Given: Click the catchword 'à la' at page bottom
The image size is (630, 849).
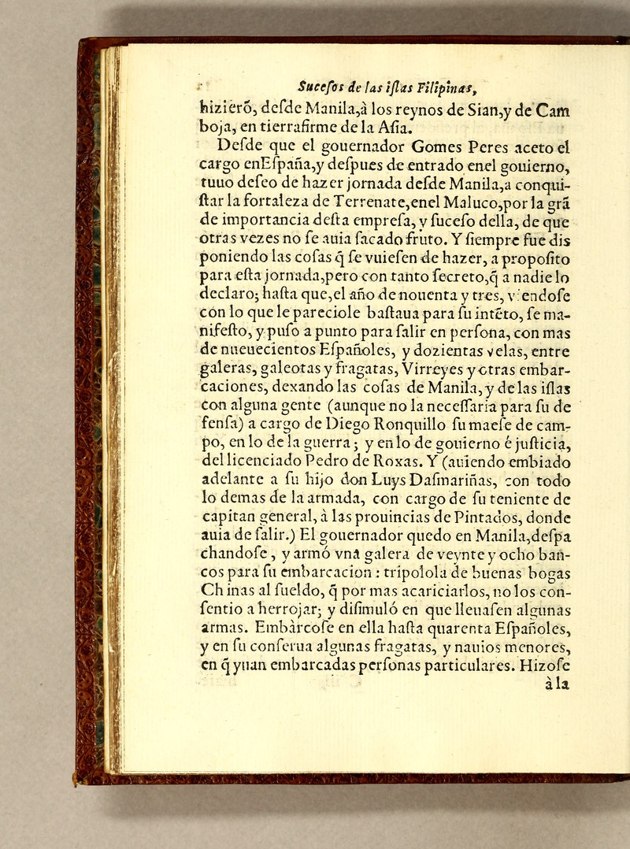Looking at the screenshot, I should [x=556, y=684].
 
